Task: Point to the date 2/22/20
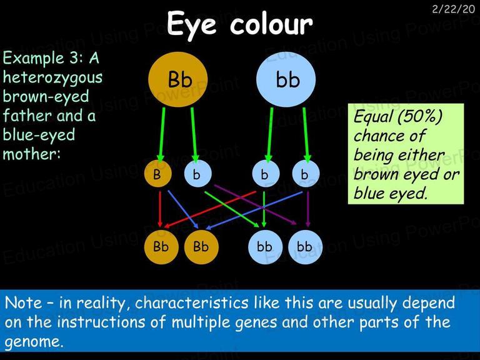[x=453, y=9]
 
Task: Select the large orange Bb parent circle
[x=178, y=79]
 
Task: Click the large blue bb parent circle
[x=286, y=79]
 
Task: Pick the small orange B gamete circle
[x=157, y=174]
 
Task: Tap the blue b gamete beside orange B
[x=197, y=174]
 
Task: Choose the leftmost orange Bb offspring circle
[x=161, y=247]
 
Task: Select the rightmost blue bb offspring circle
[x=305, y=247]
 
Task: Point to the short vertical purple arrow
[x=308, y=209]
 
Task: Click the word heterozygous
[x=52, y=77]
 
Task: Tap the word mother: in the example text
[x=32, y=154]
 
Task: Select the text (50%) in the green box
[x=420, y=117]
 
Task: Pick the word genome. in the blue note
[x=34, y=342]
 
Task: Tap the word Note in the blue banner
[x=24, y=302]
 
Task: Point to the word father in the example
[x=27, y=115]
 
